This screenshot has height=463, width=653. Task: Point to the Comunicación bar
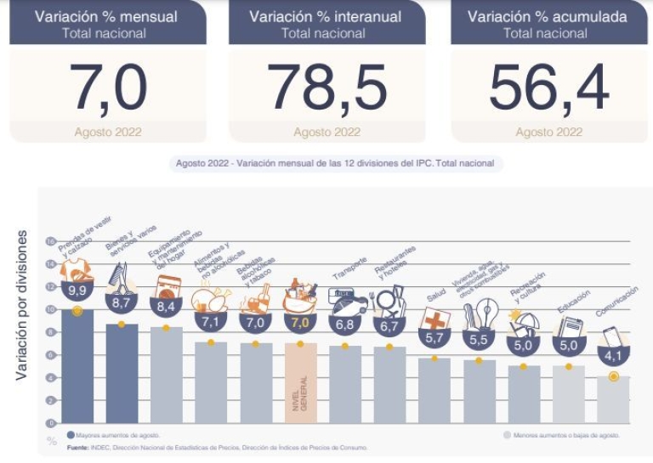point(612,399)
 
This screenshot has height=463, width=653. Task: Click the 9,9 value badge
point(77,291)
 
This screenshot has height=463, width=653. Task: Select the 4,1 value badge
point(612,355)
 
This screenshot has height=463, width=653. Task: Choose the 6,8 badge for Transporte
point(344,324)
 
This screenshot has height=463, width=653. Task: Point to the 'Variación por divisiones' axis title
point(22,315)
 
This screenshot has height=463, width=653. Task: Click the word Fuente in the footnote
point(79,446)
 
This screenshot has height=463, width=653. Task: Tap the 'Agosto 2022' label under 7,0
point(108,132)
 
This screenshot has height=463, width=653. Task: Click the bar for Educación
point(568,394)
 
